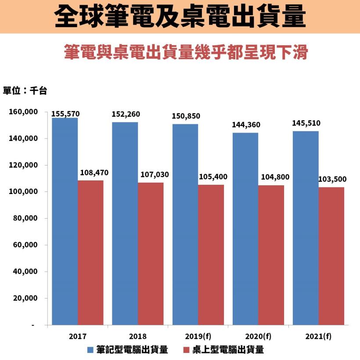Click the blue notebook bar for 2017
65,221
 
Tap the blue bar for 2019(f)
185,224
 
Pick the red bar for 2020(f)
271,255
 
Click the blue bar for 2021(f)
306,228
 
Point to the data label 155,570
65,114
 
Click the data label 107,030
155,175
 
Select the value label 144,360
246,125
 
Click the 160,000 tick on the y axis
23,112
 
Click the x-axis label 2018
138,337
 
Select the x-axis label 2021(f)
318,337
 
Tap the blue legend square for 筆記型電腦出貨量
90,350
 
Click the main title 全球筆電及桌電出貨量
180,17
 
